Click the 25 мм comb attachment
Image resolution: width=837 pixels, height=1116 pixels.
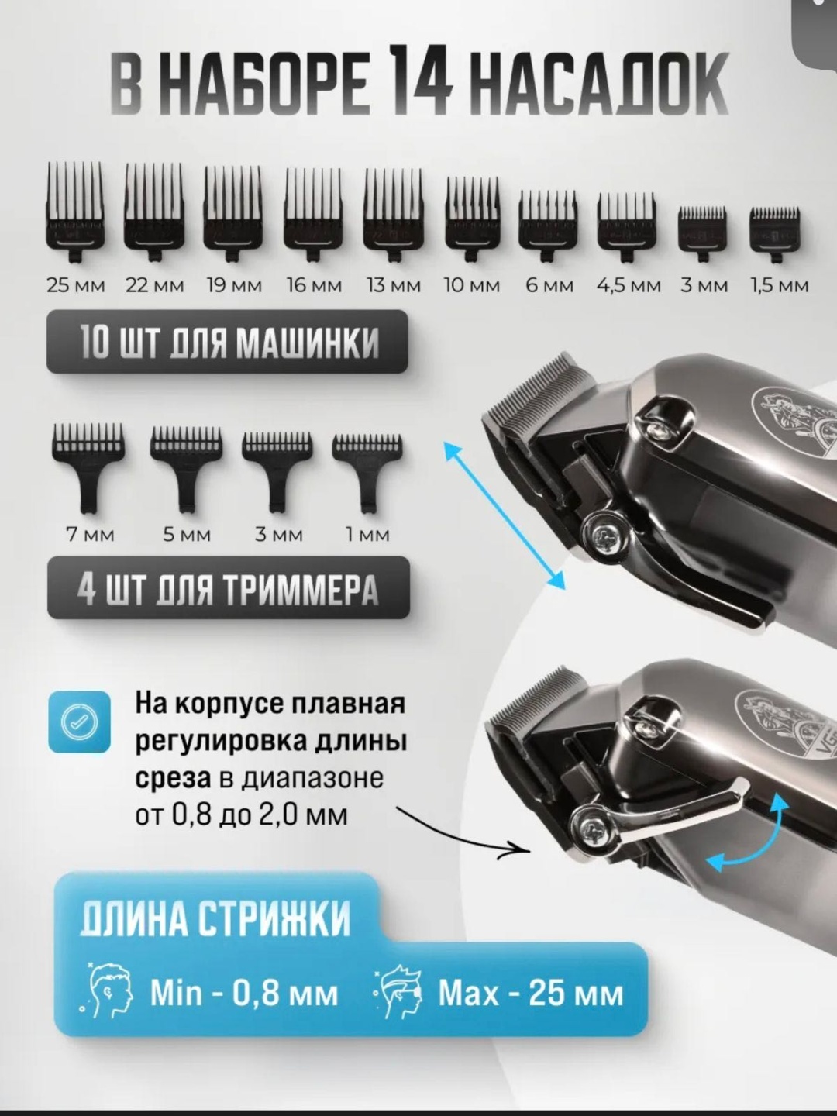click(x=75, y=212)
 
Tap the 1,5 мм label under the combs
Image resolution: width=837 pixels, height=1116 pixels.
click(x=780, y=286)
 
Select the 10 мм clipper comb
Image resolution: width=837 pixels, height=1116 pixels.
click(x=473, y=219)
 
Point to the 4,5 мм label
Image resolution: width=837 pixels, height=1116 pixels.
click(x=629, y=286)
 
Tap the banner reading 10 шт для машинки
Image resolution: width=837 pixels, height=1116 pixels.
click(x=227, y=342)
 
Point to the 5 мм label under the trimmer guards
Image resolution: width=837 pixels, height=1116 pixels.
click(x=187, y=535)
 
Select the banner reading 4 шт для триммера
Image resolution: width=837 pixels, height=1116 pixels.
click(x=228, y=588)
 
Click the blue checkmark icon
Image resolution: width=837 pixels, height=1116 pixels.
click(x=79, y=722)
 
